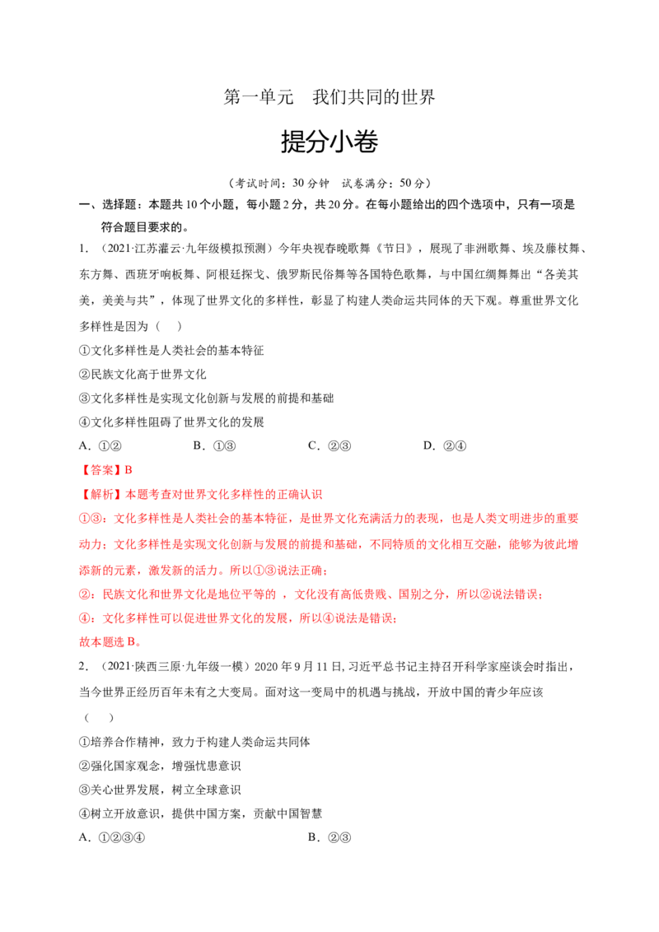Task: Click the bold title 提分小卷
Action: (329, 142)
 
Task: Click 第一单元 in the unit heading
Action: (259, 97)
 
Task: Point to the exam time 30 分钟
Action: (311, 183)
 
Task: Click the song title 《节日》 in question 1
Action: (395, 249)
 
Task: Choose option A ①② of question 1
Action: (100, 445)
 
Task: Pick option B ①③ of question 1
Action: (215, 445)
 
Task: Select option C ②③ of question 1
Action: (329, 445)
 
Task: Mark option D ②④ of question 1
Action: (444, 445)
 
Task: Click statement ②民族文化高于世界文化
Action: (143, 375)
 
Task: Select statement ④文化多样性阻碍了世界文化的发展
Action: (171, 422)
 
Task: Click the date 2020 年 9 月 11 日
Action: (298, 667)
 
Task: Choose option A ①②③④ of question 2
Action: (112, 837)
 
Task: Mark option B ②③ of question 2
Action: (329, 837)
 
